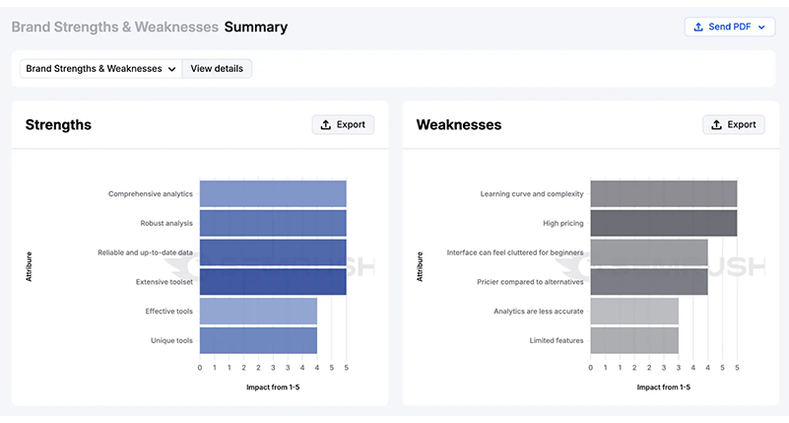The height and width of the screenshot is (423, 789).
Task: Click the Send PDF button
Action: pyautogui.click(x=729, y=27)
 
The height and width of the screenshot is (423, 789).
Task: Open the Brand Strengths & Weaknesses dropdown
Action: pyautogui.click(x=101, y=69)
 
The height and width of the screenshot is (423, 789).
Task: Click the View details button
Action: pyautogui.click(x=217, y=69)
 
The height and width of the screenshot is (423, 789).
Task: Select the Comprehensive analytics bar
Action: pyautogui.click(x=273, y=194)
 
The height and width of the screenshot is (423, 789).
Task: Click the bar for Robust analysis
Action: pyautogui.click(x=273, y=223)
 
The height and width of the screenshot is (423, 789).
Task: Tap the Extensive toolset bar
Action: pyautogui.click(x=273, y=282)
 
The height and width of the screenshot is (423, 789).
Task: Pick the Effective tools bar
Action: pyautogui.click(x=258, y=312)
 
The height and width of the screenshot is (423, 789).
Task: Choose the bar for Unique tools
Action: pyautogui.click(x=258, y=340)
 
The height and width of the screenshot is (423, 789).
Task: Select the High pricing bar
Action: pyautogui.click(x=663, y=223)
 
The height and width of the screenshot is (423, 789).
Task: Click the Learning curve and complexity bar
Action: pyautogui.click(x=663, y=194)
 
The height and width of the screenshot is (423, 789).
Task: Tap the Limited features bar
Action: pyautogui.click(x=634, y=340)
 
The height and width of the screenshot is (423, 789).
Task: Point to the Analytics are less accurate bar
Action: pyautogui.click(x=634, y=312)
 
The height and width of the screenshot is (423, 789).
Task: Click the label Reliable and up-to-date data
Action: pyautogui.click(x=145, y=252)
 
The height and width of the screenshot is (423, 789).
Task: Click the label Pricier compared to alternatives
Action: pyautogui.click(x=530, y=282)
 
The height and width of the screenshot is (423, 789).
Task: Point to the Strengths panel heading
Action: pyautogui.click(x=58, y=125)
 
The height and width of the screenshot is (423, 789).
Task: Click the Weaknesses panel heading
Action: pyautogui.click(x=458, y=125)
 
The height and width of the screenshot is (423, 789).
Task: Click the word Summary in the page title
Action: pyautogui.click(x=255, y=27)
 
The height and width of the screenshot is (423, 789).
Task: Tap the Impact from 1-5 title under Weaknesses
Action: pyautogui.click(x=663, y=388)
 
